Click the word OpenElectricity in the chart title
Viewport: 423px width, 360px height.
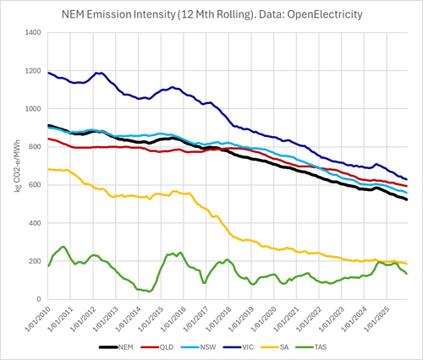[325, 14]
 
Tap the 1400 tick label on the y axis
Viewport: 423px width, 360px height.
[33, 33]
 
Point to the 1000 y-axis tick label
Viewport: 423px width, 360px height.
[33, 109]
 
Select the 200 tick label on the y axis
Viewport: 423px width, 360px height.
[35, 261]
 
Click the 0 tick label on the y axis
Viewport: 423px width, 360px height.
[39, 299]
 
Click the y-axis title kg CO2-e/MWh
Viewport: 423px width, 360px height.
[18, 166]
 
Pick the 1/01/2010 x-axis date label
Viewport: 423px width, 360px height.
[38, 319]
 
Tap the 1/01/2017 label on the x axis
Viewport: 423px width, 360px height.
[196, 319]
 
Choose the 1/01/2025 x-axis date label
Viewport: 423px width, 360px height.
[376, 319]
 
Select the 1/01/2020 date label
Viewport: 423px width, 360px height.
[264, 319]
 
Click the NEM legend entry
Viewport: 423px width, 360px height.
[116, 347]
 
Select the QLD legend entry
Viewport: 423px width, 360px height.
[157, 347]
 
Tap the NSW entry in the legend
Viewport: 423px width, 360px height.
[199, 347]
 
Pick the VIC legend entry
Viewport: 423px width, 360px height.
[239, 347]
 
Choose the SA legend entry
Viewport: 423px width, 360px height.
[275, 347]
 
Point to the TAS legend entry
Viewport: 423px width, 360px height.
[311, 347]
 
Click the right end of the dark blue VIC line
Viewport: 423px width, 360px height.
[407, 179]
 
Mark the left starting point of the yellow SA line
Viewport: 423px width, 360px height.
[48, 169]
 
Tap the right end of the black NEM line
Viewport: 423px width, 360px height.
[407, 199]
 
